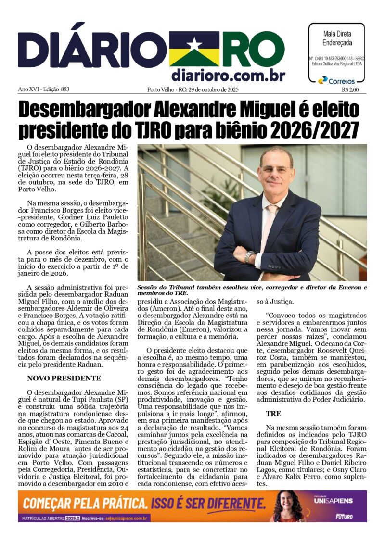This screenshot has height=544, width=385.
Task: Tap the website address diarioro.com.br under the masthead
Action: pos(228,75)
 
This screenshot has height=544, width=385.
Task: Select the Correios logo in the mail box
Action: pos(336,80)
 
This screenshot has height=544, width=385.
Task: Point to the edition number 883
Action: pos(64,89)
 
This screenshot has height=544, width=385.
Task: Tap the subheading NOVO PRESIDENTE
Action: pos(64,378)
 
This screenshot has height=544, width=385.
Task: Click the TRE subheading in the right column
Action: pos(273,413)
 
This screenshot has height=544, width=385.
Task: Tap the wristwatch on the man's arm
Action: pos(249,256)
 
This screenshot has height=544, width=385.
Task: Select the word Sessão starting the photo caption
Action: pos(150,287)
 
